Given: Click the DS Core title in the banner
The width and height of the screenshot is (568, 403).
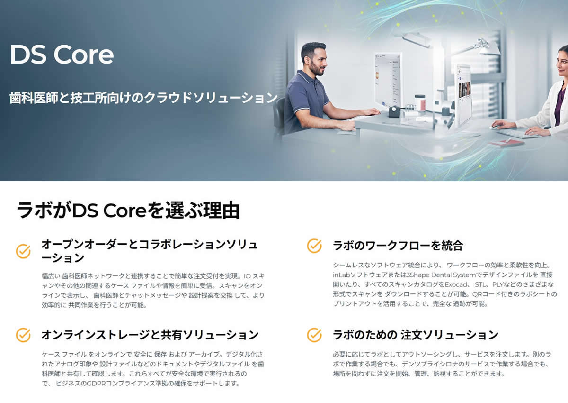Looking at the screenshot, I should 62,55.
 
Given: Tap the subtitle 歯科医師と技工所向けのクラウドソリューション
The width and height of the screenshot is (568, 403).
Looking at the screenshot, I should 143,98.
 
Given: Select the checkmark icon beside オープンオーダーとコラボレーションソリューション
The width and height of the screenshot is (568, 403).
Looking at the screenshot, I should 23,251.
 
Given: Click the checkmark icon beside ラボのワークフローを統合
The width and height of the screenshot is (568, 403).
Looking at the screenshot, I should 314,246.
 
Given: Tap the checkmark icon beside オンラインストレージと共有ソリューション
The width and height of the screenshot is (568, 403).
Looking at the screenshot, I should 23,335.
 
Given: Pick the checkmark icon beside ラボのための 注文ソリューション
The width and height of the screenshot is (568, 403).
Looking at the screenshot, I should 314,335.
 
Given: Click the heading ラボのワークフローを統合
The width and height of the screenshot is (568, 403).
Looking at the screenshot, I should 398,246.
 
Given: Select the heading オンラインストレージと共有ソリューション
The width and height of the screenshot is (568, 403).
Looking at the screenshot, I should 150,335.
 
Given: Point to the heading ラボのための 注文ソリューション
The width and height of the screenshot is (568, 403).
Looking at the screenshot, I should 416,335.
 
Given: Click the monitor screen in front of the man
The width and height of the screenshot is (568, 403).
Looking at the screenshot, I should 388,78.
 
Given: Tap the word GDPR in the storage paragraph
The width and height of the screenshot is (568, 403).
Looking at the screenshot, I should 96,383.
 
